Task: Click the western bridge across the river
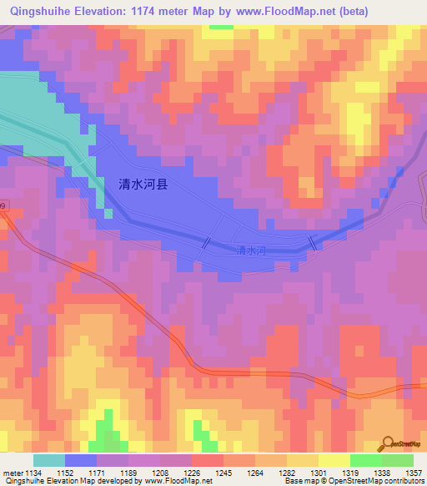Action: point(205,241)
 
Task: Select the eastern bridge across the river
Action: point(313,242)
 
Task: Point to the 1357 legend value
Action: point(414,473)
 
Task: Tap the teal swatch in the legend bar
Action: point(49,460)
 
